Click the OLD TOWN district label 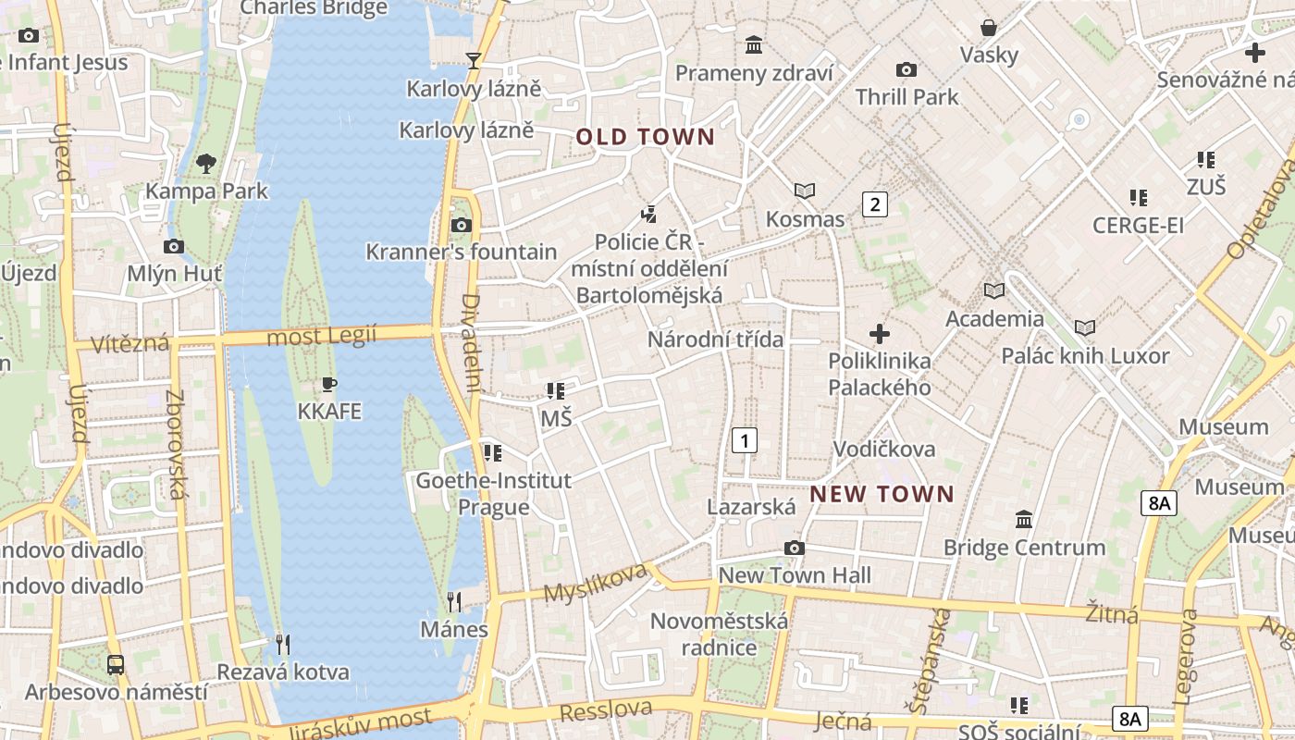646,138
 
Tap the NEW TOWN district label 882,494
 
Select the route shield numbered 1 744,440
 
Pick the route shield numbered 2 874,204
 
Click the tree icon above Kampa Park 206,165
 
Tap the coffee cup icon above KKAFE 328,384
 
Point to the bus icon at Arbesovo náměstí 116,664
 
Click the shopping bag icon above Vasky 989,29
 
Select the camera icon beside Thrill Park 906,69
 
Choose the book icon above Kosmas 805,191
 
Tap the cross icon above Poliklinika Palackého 880,333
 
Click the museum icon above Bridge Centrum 1024,520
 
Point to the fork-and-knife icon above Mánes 453,602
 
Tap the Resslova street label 606,711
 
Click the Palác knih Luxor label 1085,356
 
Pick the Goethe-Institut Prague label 494,494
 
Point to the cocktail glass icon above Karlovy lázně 474,61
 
